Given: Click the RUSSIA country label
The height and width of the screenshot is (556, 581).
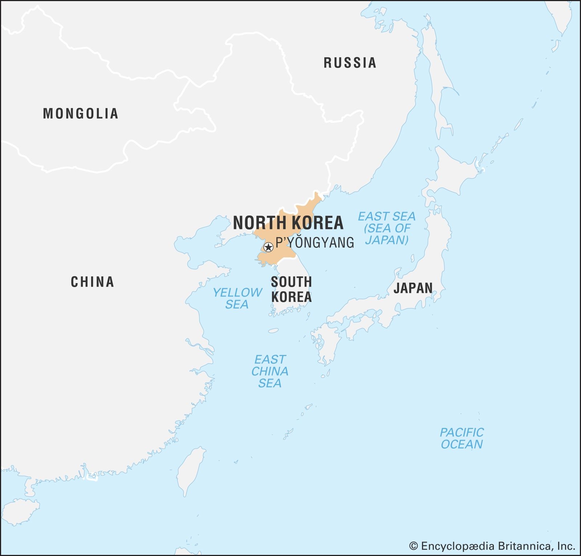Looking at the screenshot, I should (350, 63).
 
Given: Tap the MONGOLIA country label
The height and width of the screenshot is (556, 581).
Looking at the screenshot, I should (81, 114).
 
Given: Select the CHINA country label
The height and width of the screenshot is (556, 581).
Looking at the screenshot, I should (92, 282).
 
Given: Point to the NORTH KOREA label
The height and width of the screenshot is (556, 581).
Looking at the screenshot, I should (288, 222).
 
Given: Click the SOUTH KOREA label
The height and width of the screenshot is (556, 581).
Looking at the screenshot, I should (291, 289).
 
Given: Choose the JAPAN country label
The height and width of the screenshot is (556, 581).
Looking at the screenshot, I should (413, 288).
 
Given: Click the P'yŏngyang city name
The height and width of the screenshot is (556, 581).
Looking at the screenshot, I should (315, 242).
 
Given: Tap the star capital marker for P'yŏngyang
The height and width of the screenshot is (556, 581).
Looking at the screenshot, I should (268, 248).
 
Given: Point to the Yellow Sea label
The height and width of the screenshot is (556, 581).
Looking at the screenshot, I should (237, 298).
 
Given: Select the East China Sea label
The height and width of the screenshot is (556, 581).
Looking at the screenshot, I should (270, 371).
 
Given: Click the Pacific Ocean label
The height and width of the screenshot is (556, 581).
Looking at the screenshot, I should (462, 438).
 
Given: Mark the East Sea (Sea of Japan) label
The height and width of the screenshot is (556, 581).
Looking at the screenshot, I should (387, 228).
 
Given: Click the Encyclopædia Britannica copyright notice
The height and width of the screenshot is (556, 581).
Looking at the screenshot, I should (492, 546).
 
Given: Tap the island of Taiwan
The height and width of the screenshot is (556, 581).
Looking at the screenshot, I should (190, 470).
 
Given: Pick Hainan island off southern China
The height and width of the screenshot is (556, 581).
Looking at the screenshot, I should (20, 511).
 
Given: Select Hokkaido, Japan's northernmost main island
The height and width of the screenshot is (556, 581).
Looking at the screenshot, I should (454, 174).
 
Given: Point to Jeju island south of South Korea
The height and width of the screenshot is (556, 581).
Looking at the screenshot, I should (273, 331).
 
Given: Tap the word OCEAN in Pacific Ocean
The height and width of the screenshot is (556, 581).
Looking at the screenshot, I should (462, 444).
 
